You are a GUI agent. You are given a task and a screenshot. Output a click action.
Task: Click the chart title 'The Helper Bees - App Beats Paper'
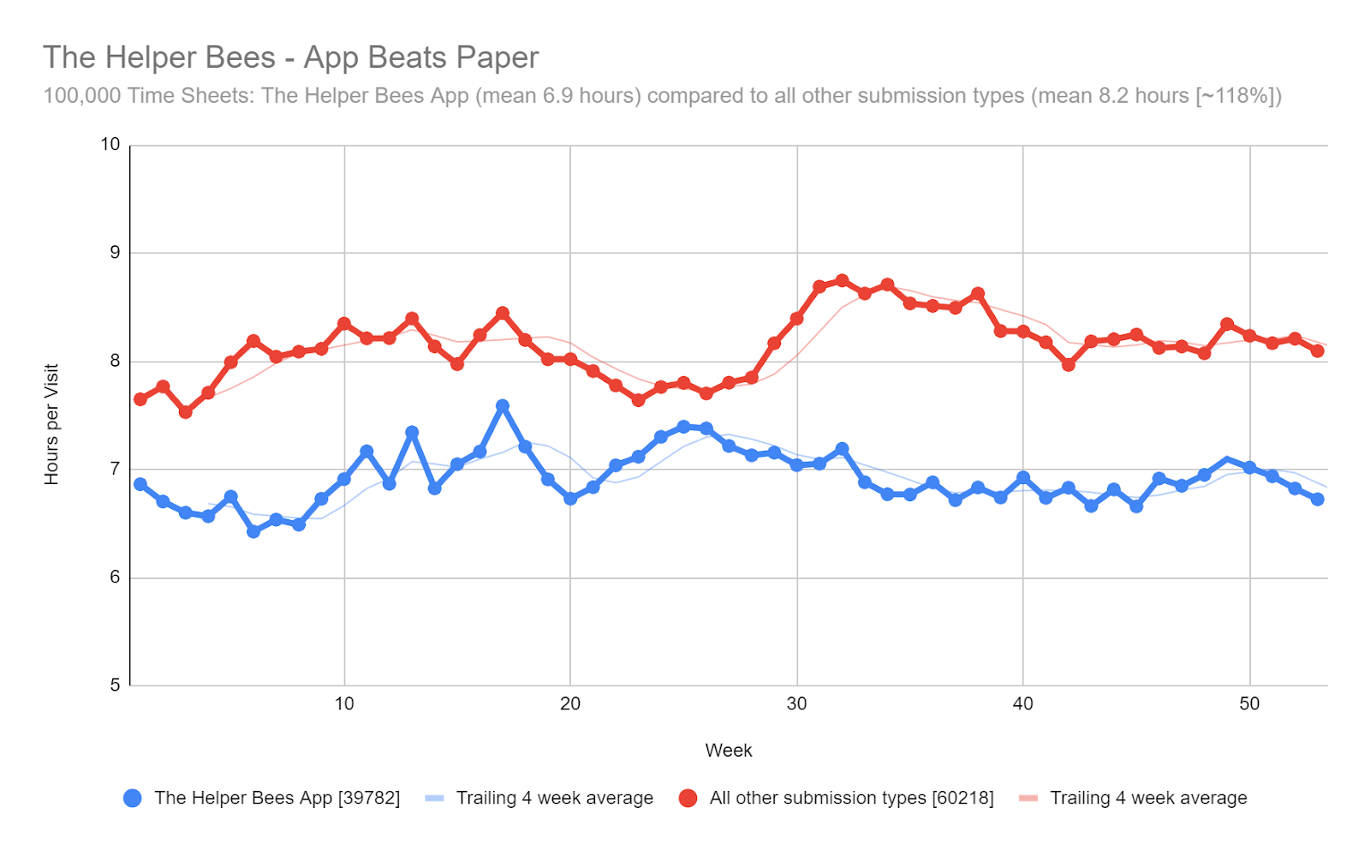pos(290,57)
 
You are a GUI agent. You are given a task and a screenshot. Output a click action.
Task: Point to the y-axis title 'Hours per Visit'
pos(52,424)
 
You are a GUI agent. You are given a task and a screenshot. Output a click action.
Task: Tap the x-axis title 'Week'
pos(728,751)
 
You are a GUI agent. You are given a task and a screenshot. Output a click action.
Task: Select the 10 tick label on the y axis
pos(110,144)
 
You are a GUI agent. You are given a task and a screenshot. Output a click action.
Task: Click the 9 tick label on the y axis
pos(115,253)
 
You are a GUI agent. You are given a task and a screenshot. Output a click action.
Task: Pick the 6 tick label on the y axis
pos(115,577)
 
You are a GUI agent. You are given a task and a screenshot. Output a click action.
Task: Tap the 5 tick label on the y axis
pos(115,685)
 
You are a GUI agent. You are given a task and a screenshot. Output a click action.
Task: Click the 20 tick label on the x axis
pos(570,704)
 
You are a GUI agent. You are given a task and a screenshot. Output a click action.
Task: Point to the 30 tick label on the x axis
pos(796,704)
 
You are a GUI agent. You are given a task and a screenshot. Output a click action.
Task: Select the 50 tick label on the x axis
pos(1249,704)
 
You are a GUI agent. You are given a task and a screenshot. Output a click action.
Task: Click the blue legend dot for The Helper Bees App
pos(133,799)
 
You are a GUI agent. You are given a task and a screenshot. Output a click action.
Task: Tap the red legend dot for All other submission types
pos(688,799)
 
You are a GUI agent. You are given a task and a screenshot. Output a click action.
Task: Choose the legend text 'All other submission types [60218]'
pos(851,799)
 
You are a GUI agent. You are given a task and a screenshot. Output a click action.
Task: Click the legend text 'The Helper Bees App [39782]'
pos(277,799)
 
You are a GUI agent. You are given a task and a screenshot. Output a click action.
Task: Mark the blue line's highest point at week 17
pos(503,406)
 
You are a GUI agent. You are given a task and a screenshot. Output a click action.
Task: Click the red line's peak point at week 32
pos(842,281)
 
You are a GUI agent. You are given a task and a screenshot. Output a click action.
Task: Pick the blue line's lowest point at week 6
pos(253,531)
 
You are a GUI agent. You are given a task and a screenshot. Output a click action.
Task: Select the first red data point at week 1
pos(140,399)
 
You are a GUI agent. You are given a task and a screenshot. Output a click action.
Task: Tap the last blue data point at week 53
pos(1317,499)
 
